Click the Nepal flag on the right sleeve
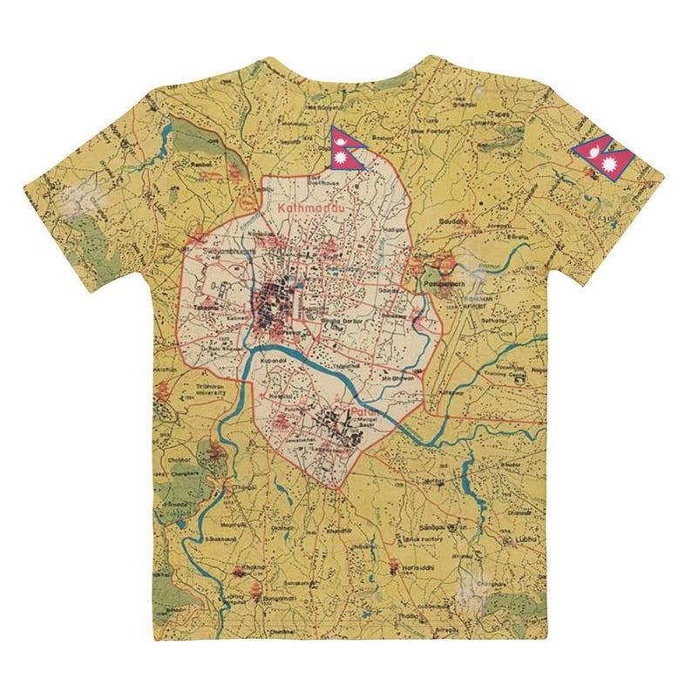pos(604,158)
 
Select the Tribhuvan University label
pos(206,390)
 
